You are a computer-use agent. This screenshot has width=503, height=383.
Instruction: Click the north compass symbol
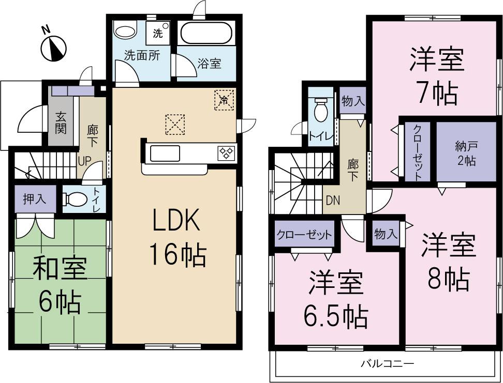click(x=54, y=48)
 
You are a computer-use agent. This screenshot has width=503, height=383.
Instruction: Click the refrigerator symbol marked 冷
click(x=224, y=99)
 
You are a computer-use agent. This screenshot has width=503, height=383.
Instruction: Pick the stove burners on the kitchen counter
click(x=226, y=152)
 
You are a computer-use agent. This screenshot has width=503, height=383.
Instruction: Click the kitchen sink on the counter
click(x=165, y=153)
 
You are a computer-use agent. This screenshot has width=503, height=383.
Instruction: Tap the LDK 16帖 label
click(x=176, y=237)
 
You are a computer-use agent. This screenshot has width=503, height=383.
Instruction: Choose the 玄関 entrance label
click(x=61, y=122)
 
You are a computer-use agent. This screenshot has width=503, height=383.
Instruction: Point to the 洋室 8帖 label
click(x=448, y=262)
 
